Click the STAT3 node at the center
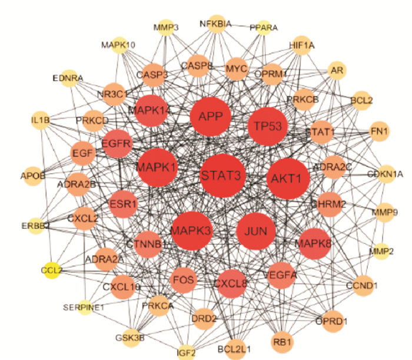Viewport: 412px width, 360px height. click(221, 175)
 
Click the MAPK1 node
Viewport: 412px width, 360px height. click(157, 167)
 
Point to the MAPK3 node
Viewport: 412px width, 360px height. click(191, 230)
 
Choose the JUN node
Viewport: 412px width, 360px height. click(257, 230)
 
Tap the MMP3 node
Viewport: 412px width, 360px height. click(166, 27)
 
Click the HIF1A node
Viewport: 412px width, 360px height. click(302, 45)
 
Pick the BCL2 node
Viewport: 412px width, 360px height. click(361, 100)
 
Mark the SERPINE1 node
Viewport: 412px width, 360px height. click(84, 307)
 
